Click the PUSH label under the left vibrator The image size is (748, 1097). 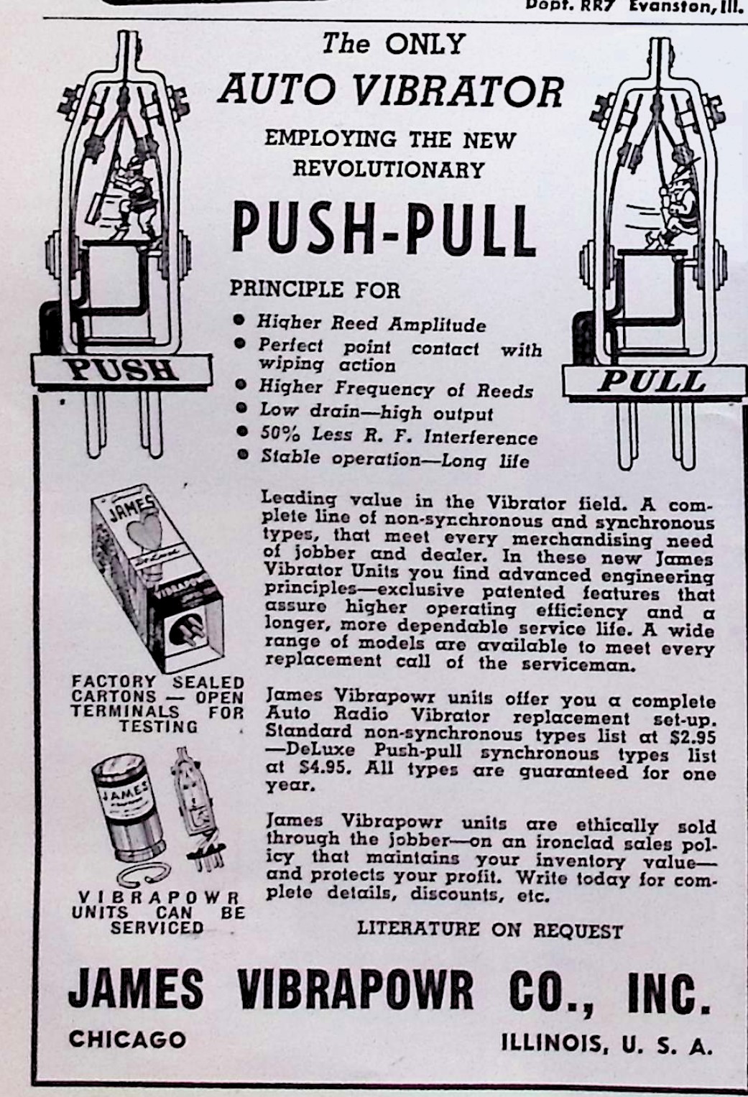pos(121,370)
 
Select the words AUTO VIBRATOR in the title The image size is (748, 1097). pos(391,91)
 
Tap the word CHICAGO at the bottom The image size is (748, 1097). pos(127,1039)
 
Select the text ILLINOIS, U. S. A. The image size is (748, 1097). pos(607,1044)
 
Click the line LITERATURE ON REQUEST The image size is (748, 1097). pos(489,930)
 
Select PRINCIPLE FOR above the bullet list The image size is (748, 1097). pos(315,290)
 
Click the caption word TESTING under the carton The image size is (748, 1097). pos(158,727)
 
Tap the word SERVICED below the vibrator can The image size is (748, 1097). pos(157,927)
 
